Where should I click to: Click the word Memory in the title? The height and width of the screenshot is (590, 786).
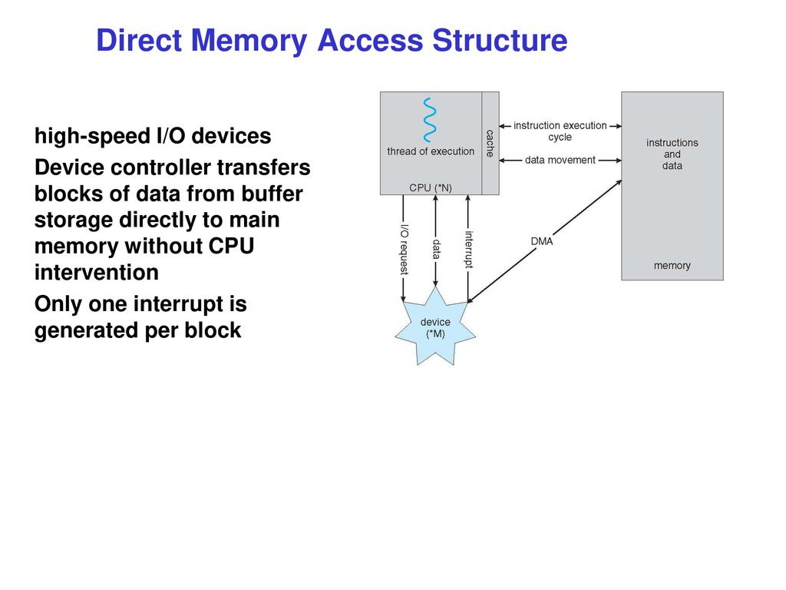[249, 41]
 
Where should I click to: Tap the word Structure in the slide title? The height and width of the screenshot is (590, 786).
[500, 40]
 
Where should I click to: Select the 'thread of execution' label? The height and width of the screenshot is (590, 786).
[431, 151]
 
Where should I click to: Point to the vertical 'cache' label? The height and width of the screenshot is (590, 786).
[490, 144]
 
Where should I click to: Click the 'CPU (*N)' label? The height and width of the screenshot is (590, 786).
[431, 187]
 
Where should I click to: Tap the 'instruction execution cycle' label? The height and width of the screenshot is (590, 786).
[560, 131]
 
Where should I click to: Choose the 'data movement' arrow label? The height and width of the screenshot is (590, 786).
[560, 160]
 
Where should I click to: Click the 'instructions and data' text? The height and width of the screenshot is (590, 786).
[672, 154]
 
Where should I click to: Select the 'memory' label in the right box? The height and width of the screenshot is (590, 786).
[672, 265]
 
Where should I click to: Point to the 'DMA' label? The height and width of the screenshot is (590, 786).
[542, 241]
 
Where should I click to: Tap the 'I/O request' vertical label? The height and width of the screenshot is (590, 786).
[404, 250]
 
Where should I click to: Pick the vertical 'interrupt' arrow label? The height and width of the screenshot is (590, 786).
[469, 250]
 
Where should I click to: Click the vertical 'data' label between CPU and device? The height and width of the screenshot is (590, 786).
[436, 250]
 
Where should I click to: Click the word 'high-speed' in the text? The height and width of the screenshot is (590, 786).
[92, 137]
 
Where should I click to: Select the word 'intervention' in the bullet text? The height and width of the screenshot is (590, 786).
[97, 273]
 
